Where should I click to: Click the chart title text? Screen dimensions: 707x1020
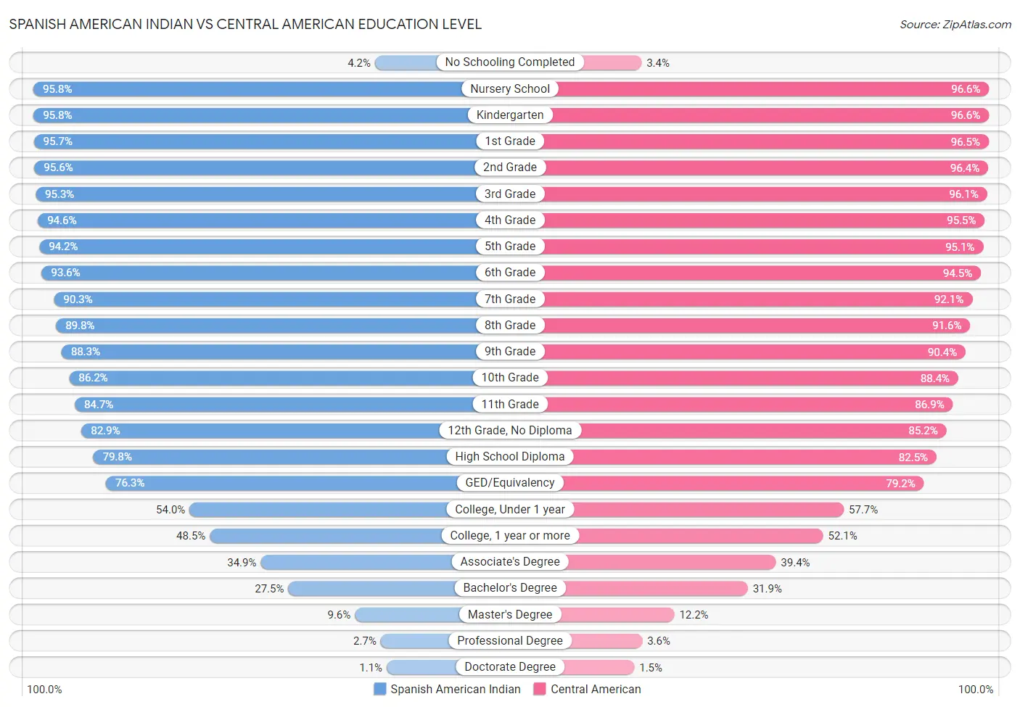(x=245, y=24)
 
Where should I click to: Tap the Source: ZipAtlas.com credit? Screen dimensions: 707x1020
(x=955, y=24)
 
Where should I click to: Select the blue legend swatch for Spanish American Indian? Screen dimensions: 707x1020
(x=379, y=689)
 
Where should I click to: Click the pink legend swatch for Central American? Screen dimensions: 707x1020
(x=539, y=689)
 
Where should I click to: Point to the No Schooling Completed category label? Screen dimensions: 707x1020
(x=509, y=62)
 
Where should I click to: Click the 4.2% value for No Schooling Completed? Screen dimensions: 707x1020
(x=358, y=63)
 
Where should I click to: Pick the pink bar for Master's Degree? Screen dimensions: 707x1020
(x=617, y=615)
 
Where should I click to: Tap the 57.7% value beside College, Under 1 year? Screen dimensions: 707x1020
(x=863, y=510)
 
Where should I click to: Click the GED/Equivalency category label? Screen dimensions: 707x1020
(x=509, y=483)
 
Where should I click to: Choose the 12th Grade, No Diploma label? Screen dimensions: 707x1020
(x=509, y=431)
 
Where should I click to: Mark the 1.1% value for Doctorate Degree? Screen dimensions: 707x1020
(x=370, y=668)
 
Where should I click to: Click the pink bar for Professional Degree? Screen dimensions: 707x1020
(x=606, y=641)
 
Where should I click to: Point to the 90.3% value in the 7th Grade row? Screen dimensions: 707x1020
(x=78, y=299)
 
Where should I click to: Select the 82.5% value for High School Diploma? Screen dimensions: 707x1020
(x=913, y=458)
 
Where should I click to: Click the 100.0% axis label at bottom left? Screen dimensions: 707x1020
(x=44, y=690)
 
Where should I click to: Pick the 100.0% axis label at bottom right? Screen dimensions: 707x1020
(x=975, y=690)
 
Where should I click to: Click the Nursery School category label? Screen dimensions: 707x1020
(x=509, y=89)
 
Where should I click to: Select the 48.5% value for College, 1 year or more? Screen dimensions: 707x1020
(x=191, y=536)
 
